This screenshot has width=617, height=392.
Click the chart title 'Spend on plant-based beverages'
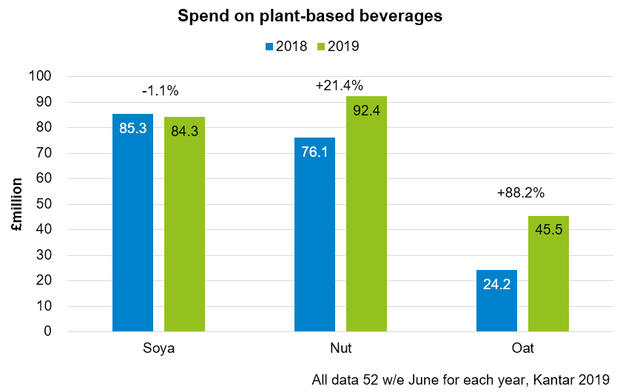(310, 16)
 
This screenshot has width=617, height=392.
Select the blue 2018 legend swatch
(269, 47)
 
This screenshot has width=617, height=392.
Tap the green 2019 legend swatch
(321, 47)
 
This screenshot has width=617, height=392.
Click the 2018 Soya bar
(133, 222)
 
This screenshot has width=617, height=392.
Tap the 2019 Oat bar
(548, 273)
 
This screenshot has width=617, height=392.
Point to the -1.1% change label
(161, 91)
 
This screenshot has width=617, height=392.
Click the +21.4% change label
(339, 86)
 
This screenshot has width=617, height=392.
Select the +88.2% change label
(520, 193)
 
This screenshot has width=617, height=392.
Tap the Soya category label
(159, 348)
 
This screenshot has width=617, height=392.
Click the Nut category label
(340, 348)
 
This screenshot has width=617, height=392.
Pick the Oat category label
(522, 348)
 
